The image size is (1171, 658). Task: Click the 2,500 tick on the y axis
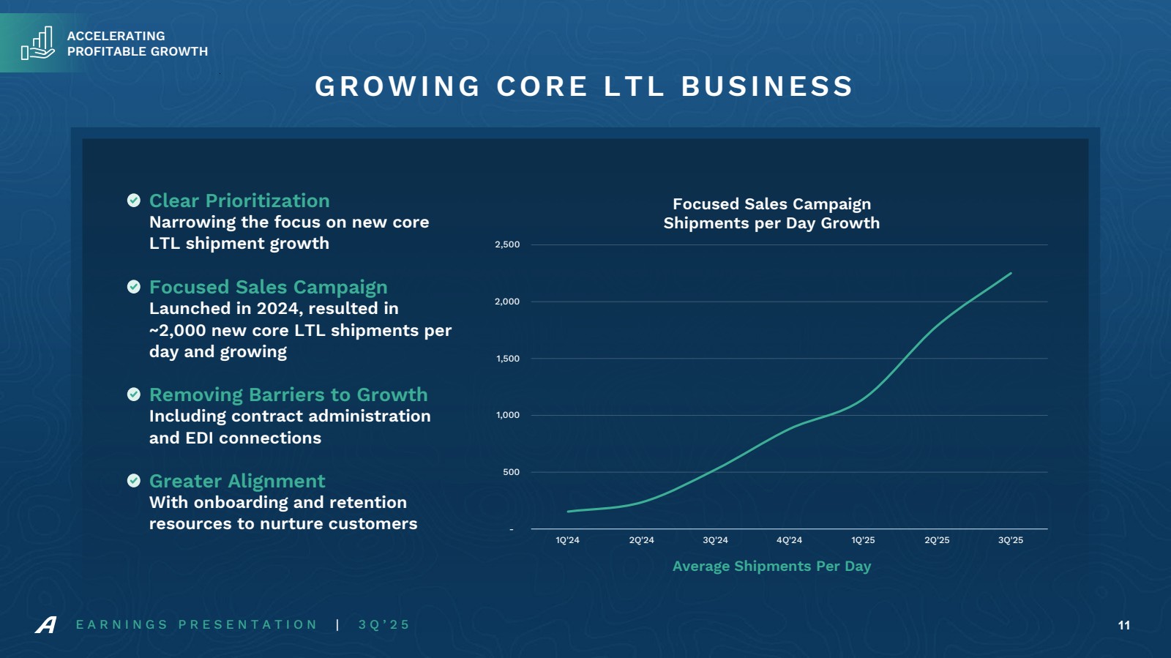507,244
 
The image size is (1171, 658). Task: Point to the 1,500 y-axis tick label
507,359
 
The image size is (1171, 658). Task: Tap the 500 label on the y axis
511,472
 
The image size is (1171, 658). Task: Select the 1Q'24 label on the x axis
567,540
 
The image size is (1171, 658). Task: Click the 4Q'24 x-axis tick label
789,540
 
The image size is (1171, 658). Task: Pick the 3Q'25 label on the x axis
1011,540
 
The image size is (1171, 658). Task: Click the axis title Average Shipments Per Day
771,566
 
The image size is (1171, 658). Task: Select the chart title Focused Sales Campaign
771,204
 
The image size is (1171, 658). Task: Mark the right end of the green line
1011,274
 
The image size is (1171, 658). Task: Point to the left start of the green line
569,512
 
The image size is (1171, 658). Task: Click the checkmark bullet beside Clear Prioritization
134,201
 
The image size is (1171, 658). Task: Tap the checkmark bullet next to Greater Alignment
134,481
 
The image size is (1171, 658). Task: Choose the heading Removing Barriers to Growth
288,395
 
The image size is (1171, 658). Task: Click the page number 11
1124,625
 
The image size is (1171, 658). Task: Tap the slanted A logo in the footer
46,625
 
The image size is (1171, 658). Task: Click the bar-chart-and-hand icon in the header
38,43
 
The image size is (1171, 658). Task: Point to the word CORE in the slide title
542,86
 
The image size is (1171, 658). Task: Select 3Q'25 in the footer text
384,625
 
